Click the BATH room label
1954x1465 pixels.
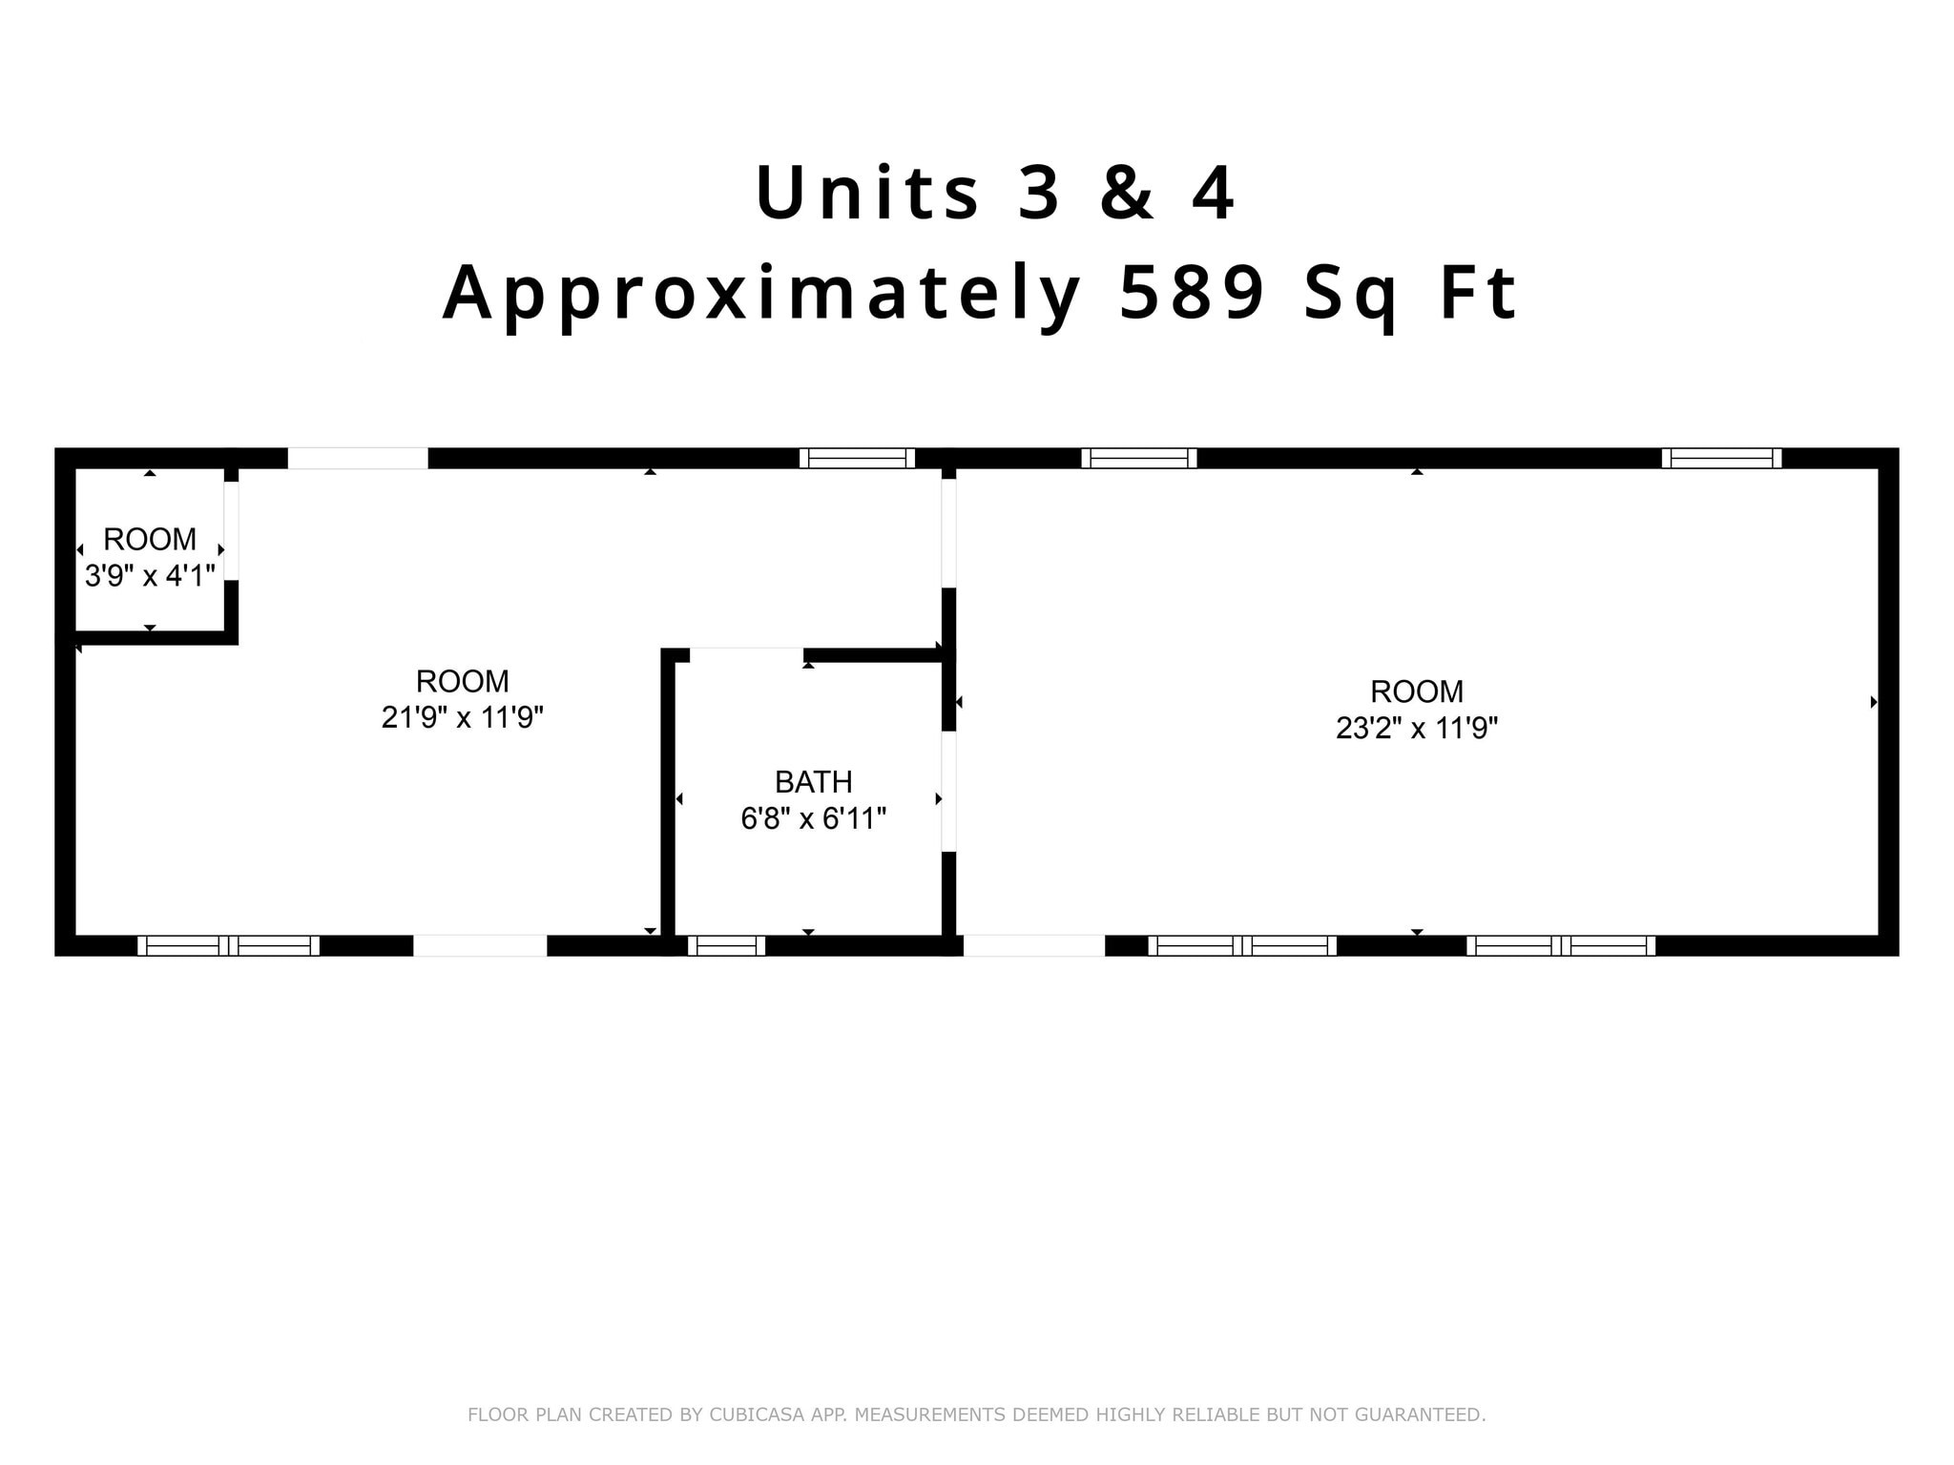[813, 782]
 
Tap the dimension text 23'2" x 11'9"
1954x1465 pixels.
[1416, 728]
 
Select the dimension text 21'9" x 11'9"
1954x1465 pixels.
[462, 717]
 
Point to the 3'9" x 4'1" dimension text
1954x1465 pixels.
[150, 575]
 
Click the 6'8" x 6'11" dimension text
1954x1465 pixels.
[813, 818]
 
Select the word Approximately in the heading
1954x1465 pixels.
[761, 294]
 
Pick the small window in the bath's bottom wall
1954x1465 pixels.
[726, 945]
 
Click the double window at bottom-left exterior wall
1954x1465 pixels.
[228, 945]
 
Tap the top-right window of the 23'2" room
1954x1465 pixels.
[1721, 458]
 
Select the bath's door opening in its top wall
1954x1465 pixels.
[746, 654]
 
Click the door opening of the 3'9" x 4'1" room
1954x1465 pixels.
[231, 531]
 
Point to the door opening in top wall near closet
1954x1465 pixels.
[358, 458]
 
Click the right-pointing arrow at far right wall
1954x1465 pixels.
[1873, 702]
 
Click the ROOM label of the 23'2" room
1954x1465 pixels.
[1416, 691]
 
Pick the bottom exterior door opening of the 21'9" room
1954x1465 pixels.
[480, 945]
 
